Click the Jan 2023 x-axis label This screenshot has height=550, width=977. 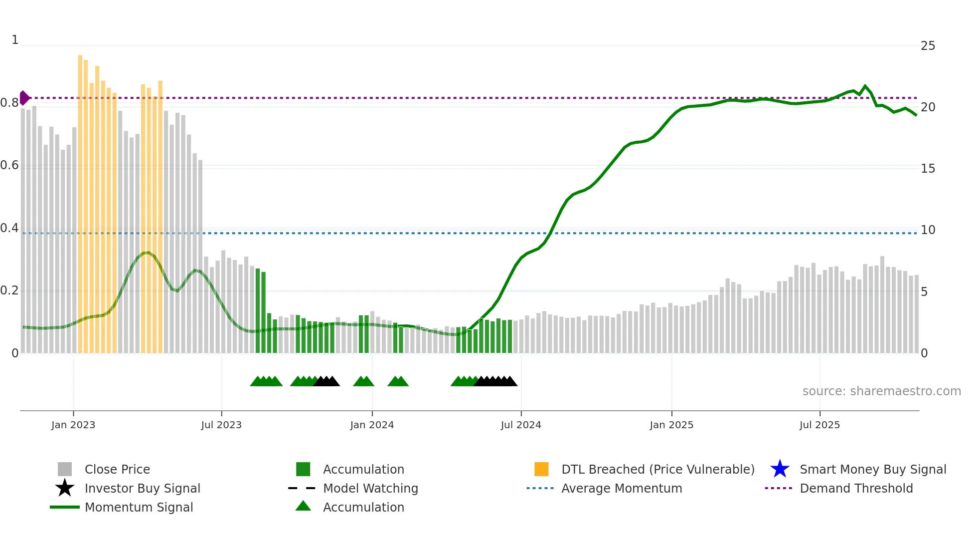pyautogui.click(x=73, y=425)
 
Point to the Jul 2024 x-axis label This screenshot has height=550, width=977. pyautogui.click(x=521, y=425)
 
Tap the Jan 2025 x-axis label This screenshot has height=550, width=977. pyautogui.click(x=671, y=425)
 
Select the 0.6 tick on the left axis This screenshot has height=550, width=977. pyautogui.click(x=9, y=165)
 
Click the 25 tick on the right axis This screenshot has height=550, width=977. pyautogui.click(x=928, y=46)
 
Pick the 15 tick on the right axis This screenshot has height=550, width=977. pyautogui.click(x=928, y=169)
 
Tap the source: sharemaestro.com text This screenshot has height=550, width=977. pyautogui.click(x=881, y=391)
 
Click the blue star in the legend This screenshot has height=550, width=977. pyautogui.click(x=780, y=469)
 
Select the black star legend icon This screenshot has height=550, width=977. pyautogui.click(x=65, y=488)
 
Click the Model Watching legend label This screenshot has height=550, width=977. pyautogui.click(x=370, y=488)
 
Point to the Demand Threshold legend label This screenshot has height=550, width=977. pyautogui.click(x=856, y=488)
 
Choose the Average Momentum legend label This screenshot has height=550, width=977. pyautogui.click(x=622, y=488)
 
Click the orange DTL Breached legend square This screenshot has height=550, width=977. pyautogui.click(x=541, y=469)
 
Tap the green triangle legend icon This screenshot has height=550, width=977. pyautogui.click(x=303, y=507)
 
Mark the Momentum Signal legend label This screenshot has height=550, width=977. pyautogui.click(x=139, y=507)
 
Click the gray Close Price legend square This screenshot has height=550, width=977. pyautogui.click(x=65, y=469)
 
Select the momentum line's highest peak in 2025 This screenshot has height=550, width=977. pyautogui.click(x=865, y=86)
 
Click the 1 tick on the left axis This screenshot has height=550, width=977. pyautogui.click(x=15, y=40)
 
